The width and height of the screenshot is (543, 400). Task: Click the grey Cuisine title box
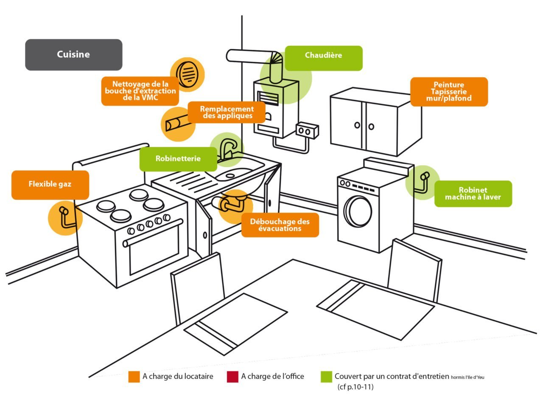pos(73,54)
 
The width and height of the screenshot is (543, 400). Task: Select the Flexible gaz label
pos(50,185)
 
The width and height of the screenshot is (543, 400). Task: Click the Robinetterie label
pos(178,159)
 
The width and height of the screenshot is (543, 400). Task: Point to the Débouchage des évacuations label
pos(280,225)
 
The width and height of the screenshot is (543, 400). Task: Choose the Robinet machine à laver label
pos(473,194)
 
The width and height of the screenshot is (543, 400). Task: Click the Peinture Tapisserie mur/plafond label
pos(449,92)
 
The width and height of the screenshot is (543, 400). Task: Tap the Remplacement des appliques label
pos(227,113)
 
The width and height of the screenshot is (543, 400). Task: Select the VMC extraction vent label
pos(140,91)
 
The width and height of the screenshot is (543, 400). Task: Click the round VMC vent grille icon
pos(187,74)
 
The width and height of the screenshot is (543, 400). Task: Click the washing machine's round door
pos(358,211)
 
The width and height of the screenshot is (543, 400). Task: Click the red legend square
pos(232,377)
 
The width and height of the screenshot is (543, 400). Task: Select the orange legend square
pos(134,377)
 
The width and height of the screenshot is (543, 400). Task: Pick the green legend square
pos(326,377)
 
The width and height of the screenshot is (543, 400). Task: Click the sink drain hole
pos(230,175)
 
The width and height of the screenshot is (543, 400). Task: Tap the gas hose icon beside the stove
pos(64,217)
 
